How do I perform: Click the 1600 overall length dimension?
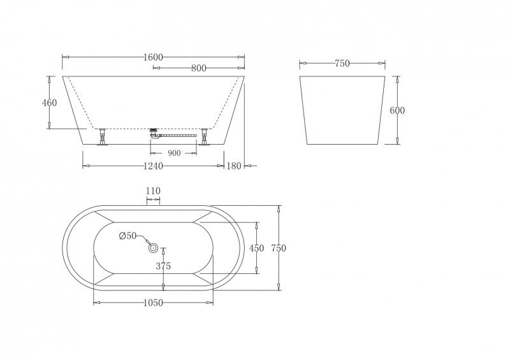[153, 57]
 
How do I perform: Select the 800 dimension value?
[199, 69]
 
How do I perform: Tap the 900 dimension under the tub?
[174, 153]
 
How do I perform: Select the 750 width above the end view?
[342, 63]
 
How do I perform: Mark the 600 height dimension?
[397, 110]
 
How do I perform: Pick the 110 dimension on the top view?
[153, 191]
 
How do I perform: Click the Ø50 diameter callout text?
[128, 236]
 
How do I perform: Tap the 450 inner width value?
[256, 248]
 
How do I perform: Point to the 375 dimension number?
[163, 267]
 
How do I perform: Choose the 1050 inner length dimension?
[154, 303]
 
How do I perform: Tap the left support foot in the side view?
[102, 138]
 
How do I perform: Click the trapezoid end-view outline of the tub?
[342, 112]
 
